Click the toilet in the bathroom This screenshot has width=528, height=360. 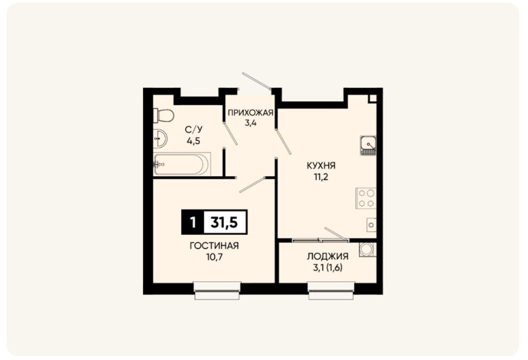[164, 116]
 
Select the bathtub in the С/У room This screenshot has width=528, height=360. [182, 164]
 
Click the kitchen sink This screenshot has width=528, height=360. [368, 145]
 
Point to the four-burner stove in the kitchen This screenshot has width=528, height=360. [366, 198]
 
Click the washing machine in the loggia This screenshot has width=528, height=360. [367, 250]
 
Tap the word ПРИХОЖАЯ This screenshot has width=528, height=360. [250, 113]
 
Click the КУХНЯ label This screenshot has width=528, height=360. [321, 166]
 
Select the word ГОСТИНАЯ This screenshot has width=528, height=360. [214, 246]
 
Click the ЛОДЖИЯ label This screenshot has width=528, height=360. [327, 257]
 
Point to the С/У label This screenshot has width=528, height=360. [194, 130]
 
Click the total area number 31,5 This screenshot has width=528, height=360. [224, 222]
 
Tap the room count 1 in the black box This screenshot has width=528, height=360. [193, 222]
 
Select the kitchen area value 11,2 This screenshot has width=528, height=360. [321, 177]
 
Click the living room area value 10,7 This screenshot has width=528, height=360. [215, 257]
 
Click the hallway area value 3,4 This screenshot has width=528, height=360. [250, 123]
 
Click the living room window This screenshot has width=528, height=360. [217, 291]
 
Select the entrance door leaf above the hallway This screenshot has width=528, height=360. [256, 81]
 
